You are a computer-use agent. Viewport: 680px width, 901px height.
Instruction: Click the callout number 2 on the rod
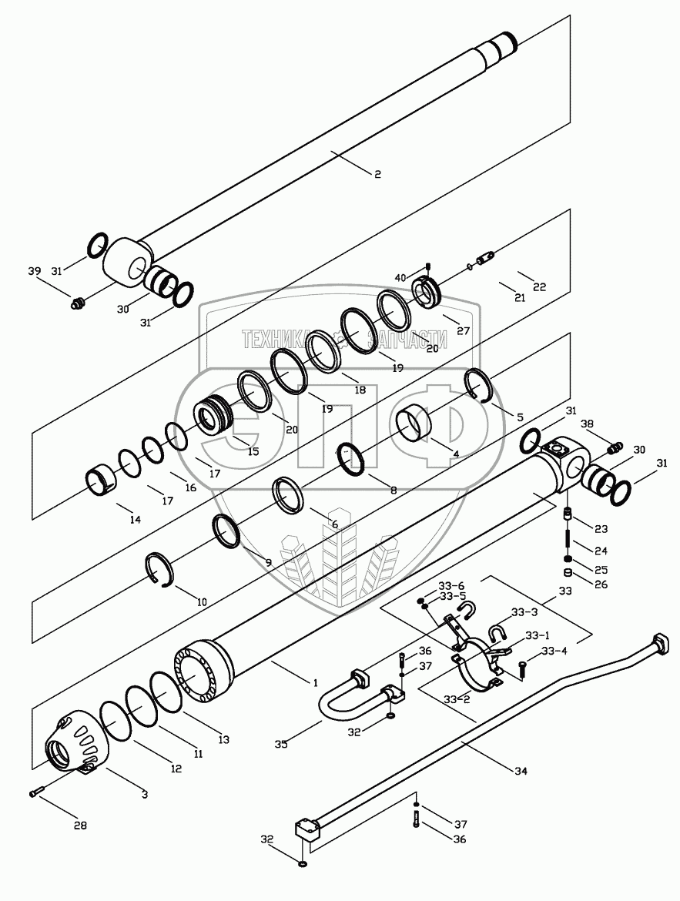coord(377,175)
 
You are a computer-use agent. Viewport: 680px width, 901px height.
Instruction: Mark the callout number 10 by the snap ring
coord(201,602)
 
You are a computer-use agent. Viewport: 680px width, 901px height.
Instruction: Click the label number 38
coord(587,424)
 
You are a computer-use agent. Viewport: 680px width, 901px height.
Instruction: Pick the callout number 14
coord(135,520)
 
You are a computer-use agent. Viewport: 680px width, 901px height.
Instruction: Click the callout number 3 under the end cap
coord(145,792)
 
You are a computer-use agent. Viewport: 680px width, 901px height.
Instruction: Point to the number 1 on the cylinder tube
coord(315,683)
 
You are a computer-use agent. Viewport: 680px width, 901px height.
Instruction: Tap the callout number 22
coord(540,287)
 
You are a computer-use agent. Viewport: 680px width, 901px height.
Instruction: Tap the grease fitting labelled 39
coord(76,304)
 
